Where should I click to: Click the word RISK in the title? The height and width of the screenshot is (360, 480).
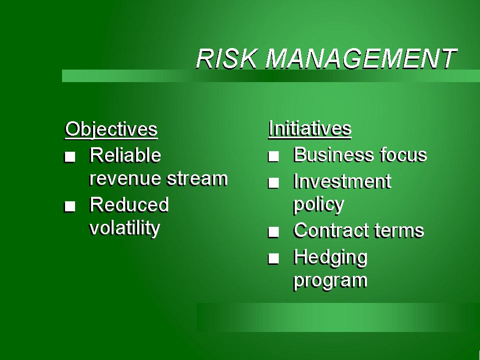click(x=227, y=58)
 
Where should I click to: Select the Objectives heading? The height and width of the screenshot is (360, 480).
click(x=112, y=130)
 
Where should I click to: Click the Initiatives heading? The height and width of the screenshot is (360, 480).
click(x=310, y=129)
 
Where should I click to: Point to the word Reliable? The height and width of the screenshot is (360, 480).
click(x=125, y=155)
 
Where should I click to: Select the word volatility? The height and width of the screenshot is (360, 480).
click(x=125, y=228)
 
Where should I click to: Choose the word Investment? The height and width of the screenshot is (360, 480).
click(x=342, y=181)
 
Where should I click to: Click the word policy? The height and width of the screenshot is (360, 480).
click(x=319, y=205)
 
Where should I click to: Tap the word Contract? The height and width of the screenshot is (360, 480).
click(x=331, y=230)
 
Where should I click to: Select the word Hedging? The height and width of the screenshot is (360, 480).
click(x=330, y=258)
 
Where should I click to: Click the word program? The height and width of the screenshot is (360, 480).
click(x=330, y=281)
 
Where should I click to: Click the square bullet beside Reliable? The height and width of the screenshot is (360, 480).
click(x=70, y=157)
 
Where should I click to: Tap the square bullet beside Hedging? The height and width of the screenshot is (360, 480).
click(x=273, y=259)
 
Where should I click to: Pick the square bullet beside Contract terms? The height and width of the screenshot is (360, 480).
click(x=273, y=232)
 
